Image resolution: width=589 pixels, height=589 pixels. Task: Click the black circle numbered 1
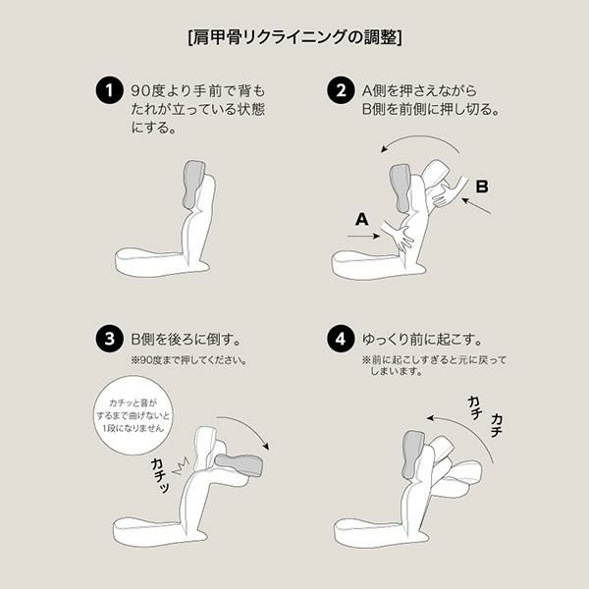click(109, 90)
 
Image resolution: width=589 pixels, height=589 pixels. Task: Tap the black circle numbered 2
click(341, 90)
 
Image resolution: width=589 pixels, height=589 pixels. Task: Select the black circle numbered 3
click(109, 339)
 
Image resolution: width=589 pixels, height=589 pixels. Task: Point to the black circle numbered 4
click(341, 339)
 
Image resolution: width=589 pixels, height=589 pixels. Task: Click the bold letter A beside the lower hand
click(361, 219)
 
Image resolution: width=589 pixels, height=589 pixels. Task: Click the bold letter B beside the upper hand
click(482, 187)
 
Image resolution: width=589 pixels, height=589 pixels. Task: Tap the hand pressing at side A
click(399, 237)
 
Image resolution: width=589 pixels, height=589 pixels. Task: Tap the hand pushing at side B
click(449, 192)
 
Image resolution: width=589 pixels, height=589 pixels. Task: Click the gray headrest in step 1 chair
click(193, 185)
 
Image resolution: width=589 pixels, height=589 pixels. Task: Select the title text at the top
click(294, 37)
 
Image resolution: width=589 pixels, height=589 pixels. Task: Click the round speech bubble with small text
click(134, 415)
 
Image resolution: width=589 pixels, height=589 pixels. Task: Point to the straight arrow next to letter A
click(363, 236)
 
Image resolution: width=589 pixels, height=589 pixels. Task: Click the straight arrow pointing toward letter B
click(476, 206)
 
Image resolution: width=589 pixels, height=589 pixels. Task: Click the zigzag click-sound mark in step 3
click(181, 465)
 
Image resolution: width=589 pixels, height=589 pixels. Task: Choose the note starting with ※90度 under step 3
click(188, 360)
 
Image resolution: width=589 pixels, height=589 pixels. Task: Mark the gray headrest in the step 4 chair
click(412, 454)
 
